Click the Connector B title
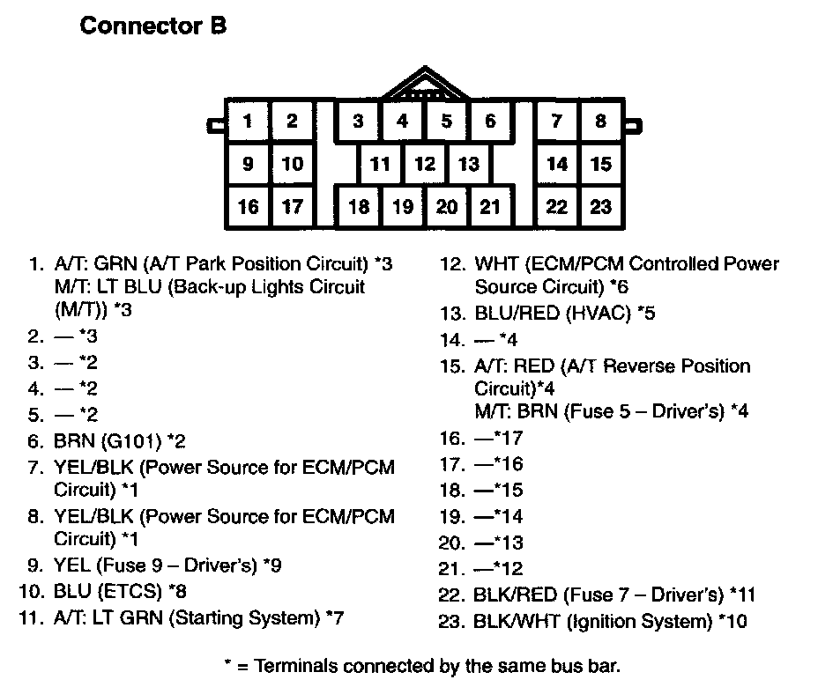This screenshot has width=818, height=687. pyautogui.click(x=153, y=26)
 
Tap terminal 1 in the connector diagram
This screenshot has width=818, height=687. pyautogui.click(x=249, y=122)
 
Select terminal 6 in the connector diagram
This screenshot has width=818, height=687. pyautogui.click(x=491, y=122)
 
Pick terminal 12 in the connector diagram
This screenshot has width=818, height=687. pyautogui.click(x=425, y=164)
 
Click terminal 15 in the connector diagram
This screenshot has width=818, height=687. pyautogui.click(x=601, y=164)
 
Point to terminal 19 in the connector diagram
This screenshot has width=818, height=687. pyautogui.click(x=403, y=207)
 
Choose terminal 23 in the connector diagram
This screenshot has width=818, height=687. pyautogui.click(x=601, y=207)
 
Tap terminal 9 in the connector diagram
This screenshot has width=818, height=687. pyautogui.click(x=249, y=164)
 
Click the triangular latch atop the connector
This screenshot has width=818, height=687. pyautogui.click(x=425, y=85)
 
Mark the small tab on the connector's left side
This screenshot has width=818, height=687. pyautogui.click(x=213, y=125)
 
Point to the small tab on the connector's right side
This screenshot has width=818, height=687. pyautogui.click(x=635, y=125)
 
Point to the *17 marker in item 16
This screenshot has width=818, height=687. pyautogui.click(x=509, y=438)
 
